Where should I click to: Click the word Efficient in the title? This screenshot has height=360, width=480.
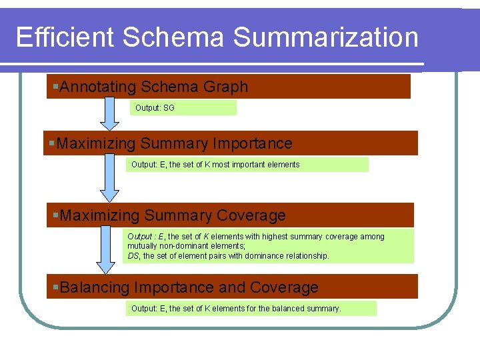click(x=65, y=37)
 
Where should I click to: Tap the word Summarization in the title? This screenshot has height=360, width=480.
click(x=325, y=37)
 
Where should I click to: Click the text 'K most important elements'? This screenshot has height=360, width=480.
click(x=255, y=165)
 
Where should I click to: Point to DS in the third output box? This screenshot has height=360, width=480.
click(x=133, y=255)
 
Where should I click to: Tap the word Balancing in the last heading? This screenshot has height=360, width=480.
click(x=94, y=287)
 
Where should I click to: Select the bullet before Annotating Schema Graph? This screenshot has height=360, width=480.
click(x=56, y=87)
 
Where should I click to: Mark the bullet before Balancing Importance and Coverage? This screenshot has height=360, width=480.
click(x=56, y=287)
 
